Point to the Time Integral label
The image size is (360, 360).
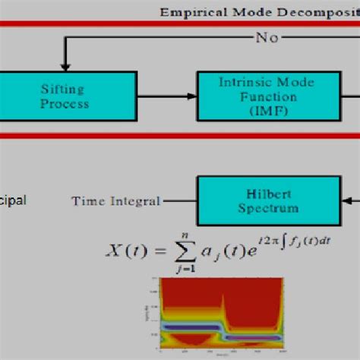pyautogui.click(x=115, y=201)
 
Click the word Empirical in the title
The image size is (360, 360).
pyautogui.click(x=192, y=11)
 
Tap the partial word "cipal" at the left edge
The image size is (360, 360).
pyautogui.click(x=13, y=201)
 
